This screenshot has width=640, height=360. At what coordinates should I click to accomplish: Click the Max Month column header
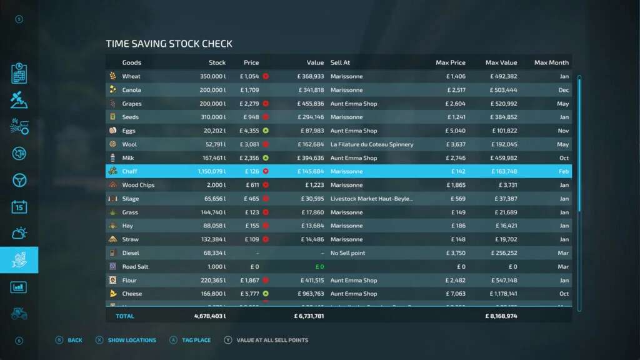coord(551,62)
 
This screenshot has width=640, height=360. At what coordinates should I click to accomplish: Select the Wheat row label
coord(131,76)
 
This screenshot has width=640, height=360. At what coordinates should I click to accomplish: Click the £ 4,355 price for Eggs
coord(249,131)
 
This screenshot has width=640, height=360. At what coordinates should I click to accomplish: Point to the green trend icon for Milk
coord(266,158)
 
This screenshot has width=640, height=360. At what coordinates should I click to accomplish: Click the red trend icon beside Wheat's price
coord(266,76)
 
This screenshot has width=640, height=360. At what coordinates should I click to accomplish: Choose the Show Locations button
coord(132,340)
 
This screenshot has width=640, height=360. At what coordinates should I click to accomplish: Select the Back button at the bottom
coord(75,340)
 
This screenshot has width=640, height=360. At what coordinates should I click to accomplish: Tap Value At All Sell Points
coord(272,340)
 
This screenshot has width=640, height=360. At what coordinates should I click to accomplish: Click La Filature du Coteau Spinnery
coord(372,144)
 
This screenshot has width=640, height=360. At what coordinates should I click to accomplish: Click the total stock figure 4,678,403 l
coord(210,316)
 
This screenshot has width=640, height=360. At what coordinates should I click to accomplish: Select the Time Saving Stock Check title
coord(169,44)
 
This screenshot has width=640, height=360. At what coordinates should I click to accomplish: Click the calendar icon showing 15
coord(19,207)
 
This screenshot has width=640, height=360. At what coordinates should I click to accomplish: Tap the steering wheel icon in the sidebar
coord(19,180)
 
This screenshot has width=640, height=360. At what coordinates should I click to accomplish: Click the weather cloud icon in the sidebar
coord(19,234)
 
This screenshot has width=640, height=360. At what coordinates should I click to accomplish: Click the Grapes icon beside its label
coord(112,104)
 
